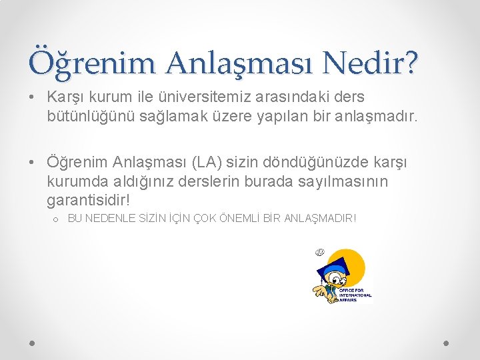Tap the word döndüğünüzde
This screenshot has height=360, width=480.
coord(313,162)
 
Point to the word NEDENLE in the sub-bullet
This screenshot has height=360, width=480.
coord(109,218)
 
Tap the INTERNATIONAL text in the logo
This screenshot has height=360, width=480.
coord(355,295)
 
